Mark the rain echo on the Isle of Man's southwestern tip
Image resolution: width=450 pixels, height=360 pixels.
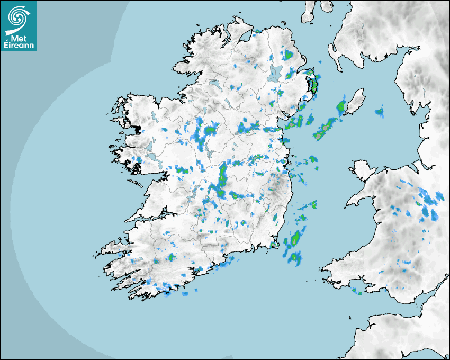tap(341, 108)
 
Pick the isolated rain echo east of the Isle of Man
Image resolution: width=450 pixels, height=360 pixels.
tap(379, 112)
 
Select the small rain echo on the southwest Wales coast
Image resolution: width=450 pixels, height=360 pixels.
tap(356, 291)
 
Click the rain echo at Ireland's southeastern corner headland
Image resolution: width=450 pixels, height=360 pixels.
tap(274, 245)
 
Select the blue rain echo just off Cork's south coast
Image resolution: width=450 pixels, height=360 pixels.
tap(185, 293)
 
